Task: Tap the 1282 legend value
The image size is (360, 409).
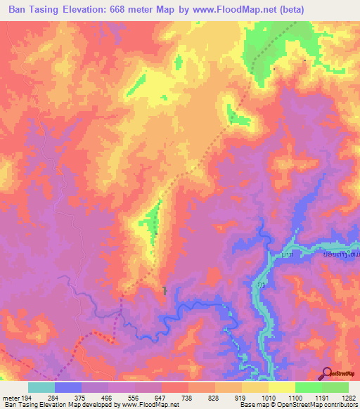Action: coord(346,398)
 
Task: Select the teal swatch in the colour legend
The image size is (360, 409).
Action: coord(41,387)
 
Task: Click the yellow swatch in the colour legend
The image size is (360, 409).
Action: coord(281,387)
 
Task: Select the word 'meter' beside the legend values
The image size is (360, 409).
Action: coord(11,398)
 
